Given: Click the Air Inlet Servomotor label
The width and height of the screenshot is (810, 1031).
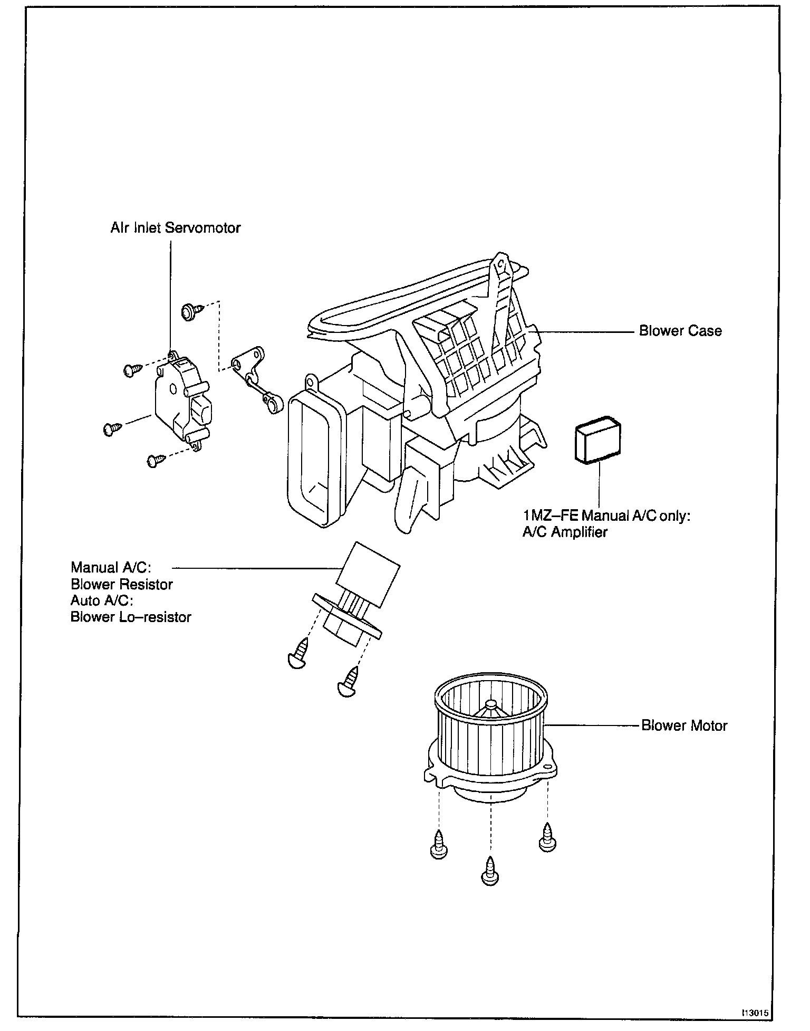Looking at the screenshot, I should coord(175,227).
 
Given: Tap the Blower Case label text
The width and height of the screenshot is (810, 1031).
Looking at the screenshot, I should coord(680,331).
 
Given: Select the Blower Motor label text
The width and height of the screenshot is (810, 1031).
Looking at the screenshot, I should coord(684,725).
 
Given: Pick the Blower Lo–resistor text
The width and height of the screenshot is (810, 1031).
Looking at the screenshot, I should coord(131,617).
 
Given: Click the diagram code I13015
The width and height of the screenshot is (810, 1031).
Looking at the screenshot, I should coord(756,1013).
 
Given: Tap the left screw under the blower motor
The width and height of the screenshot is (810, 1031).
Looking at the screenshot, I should coord(439,850).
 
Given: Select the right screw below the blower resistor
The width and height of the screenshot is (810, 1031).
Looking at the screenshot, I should coord(349,683).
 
